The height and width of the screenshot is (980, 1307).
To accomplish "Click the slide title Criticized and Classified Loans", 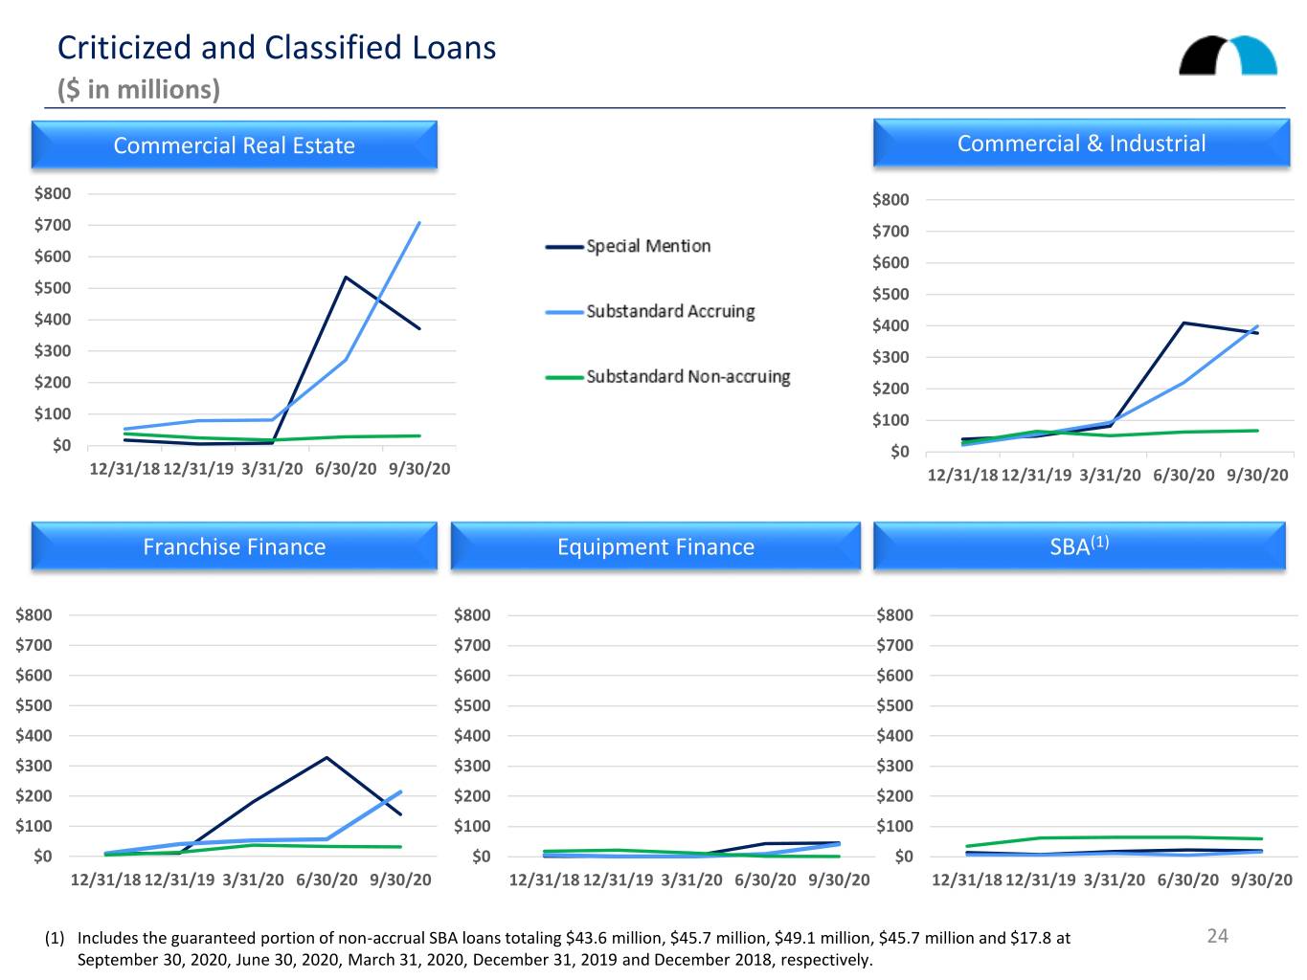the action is (276, 48).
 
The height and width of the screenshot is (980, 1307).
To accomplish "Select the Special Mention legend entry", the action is (627, 246).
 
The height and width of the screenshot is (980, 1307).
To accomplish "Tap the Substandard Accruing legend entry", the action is (649, 311).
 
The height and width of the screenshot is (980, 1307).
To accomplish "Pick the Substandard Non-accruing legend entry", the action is (667, 377).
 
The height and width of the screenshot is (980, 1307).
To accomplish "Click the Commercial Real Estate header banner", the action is (234, 145).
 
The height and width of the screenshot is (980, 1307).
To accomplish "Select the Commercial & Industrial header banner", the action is (1081, 143).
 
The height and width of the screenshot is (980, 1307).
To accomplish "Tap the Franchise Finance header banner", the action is (234, 546).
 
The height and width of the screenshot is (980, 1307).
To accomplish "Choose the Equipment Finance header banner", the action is (655, 546).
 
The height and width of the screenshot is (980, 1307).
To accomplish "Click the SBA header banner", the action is (1078, 546).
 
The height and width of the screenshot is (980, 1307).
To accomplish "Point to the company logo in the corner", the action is (1228, 56).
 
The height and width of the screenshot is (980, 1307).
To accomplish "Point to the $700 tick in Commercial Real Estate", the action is (53, 225).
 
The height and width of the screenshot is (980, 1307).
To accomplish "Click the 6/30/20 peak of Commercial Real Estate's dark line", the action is (346, 278).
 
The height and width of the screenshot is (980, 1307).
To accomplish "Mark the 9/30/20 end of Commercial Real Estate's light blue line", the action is (419, 223).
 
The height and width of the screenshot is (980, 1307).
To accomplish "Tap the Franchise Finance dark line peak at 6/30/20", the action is (327, 757).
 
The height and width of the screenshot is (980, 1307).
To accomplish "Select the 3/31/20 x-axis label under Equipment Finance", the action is (691, 880).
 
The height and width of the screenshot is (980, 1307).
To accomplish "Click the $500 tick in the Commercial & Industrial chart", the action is (890, 294).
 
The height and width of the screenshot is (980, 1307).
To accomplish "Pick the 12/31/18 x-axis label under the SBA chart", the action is (966, 880).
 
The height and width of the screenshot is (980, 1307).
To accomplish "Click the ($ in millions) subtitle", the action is (139, 89).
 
